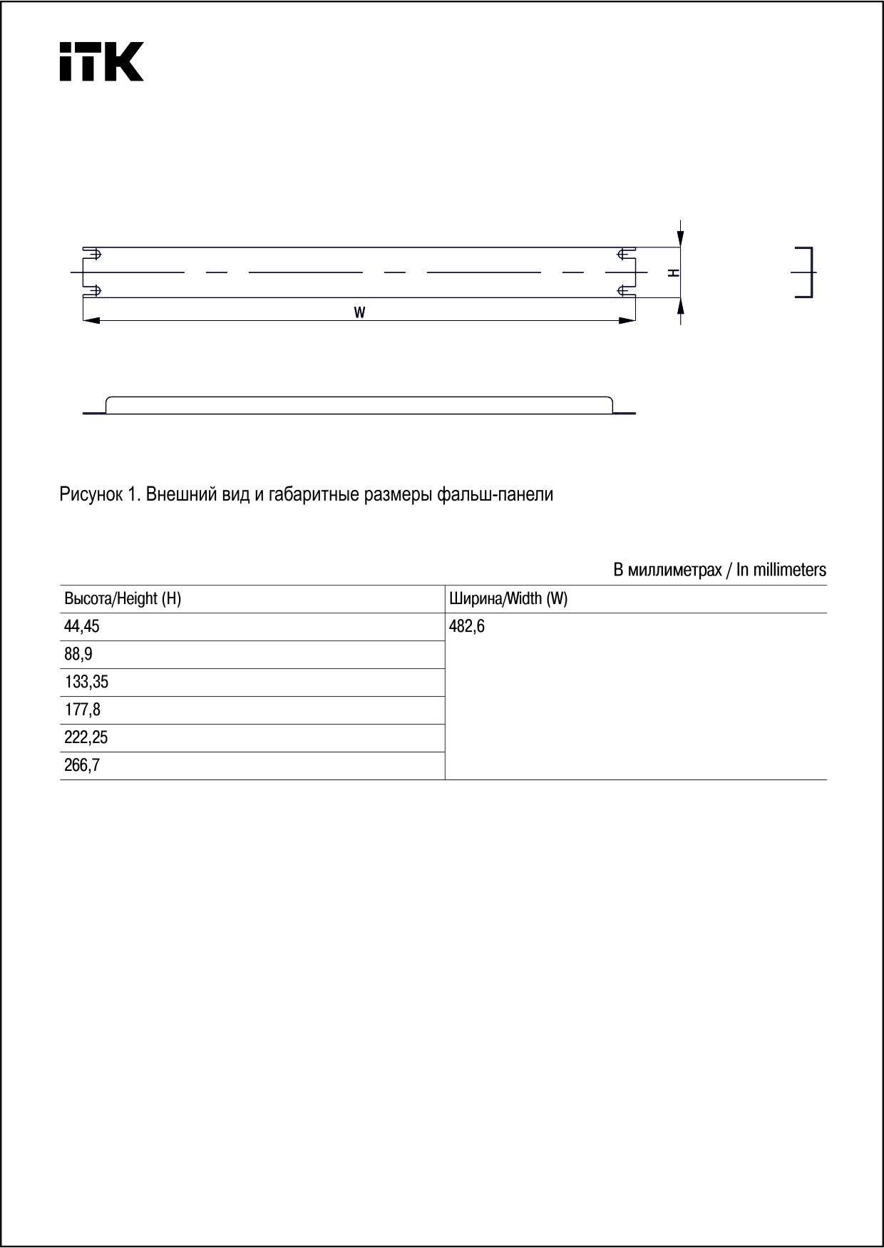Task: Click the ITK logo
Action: pyautogui.click(x=101, y=62)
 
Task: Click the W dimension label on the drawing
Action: pyautogui.click(x=360, y=312)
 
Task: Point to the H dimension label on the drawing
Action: pyautogui.click(x=674, y=273)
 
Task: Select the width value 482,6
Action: pyautogui.click(x=467, y=628)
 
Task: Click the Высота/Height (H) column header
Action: pyautogui.click(x=123, y=599)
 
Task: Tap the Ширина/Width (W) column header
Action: pyautogui.click(x=508, y=599)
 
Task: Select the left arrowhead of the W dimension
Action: pyautogui.click(x=91, y=321)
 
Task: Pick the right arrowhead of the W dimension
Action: pyautogui.click(x=627, y=321)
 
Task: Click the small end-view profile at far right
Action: pyautogui.click(x=806, y=272)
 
